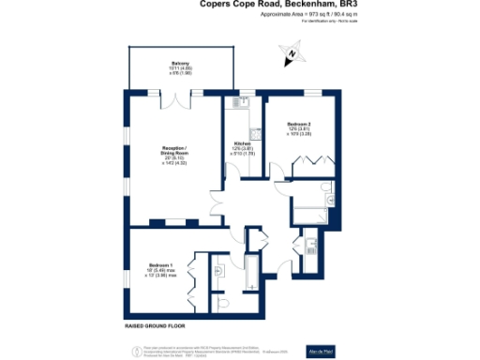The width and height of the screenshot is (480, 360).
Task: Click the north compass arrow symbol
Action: pos(292,54)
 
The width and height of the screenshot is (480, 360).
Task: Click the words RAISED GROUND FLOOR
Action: pos(155,326)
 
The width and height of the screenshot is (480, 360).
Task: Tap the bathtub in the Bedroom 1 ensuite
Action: pos(249,271)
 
